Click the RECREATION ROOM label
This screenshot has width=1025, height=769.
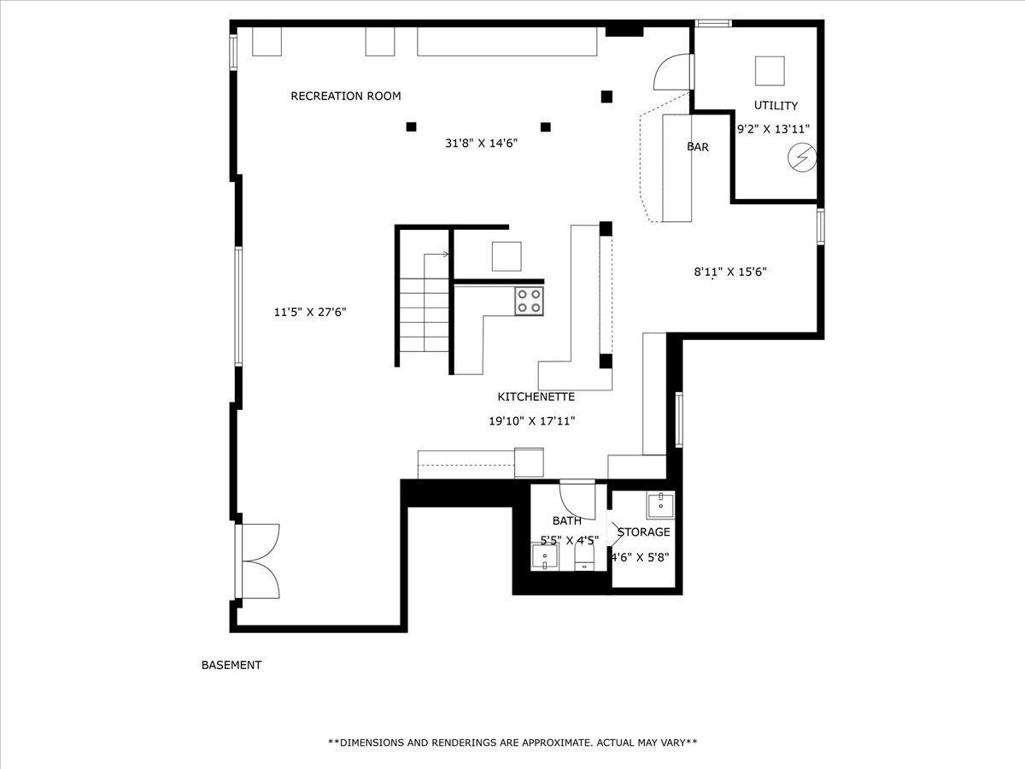tap(346, 97)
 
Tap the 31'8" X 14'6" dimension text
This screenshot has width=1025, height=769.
tap(481, 143)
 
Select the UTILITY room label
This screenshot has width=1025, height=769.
tap(776, 105)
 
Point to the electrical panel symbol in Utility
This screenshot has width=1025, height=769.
tap(802, 158)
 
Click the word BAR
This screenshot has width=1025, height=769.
tap(698, 147)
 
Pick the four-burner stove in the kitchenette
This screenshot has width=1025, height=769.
tap(529, 301)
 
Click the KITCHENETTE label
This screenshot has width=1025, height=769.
tap(536, 396)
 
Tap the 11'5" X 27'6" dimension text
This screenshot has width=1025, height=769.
tap(309, 312)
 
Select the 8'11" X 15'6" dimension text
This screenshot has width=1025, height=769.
tap(730, 272)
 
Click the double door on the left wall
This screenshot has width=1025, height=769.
tap(257, 561)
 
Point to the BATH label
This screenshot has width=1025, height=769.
tap(567, 520)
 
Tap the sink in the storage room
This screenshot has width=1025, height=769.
tap(661, 505)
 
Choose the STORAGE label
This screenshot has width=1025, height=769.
tap(643, 531)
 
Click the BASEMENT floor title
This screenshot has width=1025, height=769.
tap(231, 665)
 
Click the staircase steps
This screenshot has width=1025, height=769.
tap(424, 314)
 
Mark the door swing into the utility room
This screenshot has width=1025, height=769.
tap(672, 72)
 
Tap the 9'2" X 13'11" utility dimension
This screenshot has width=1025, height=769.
tap(773, 129)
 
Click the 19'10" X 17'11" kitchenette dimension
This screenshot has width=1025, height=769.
tap(532, 421)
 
